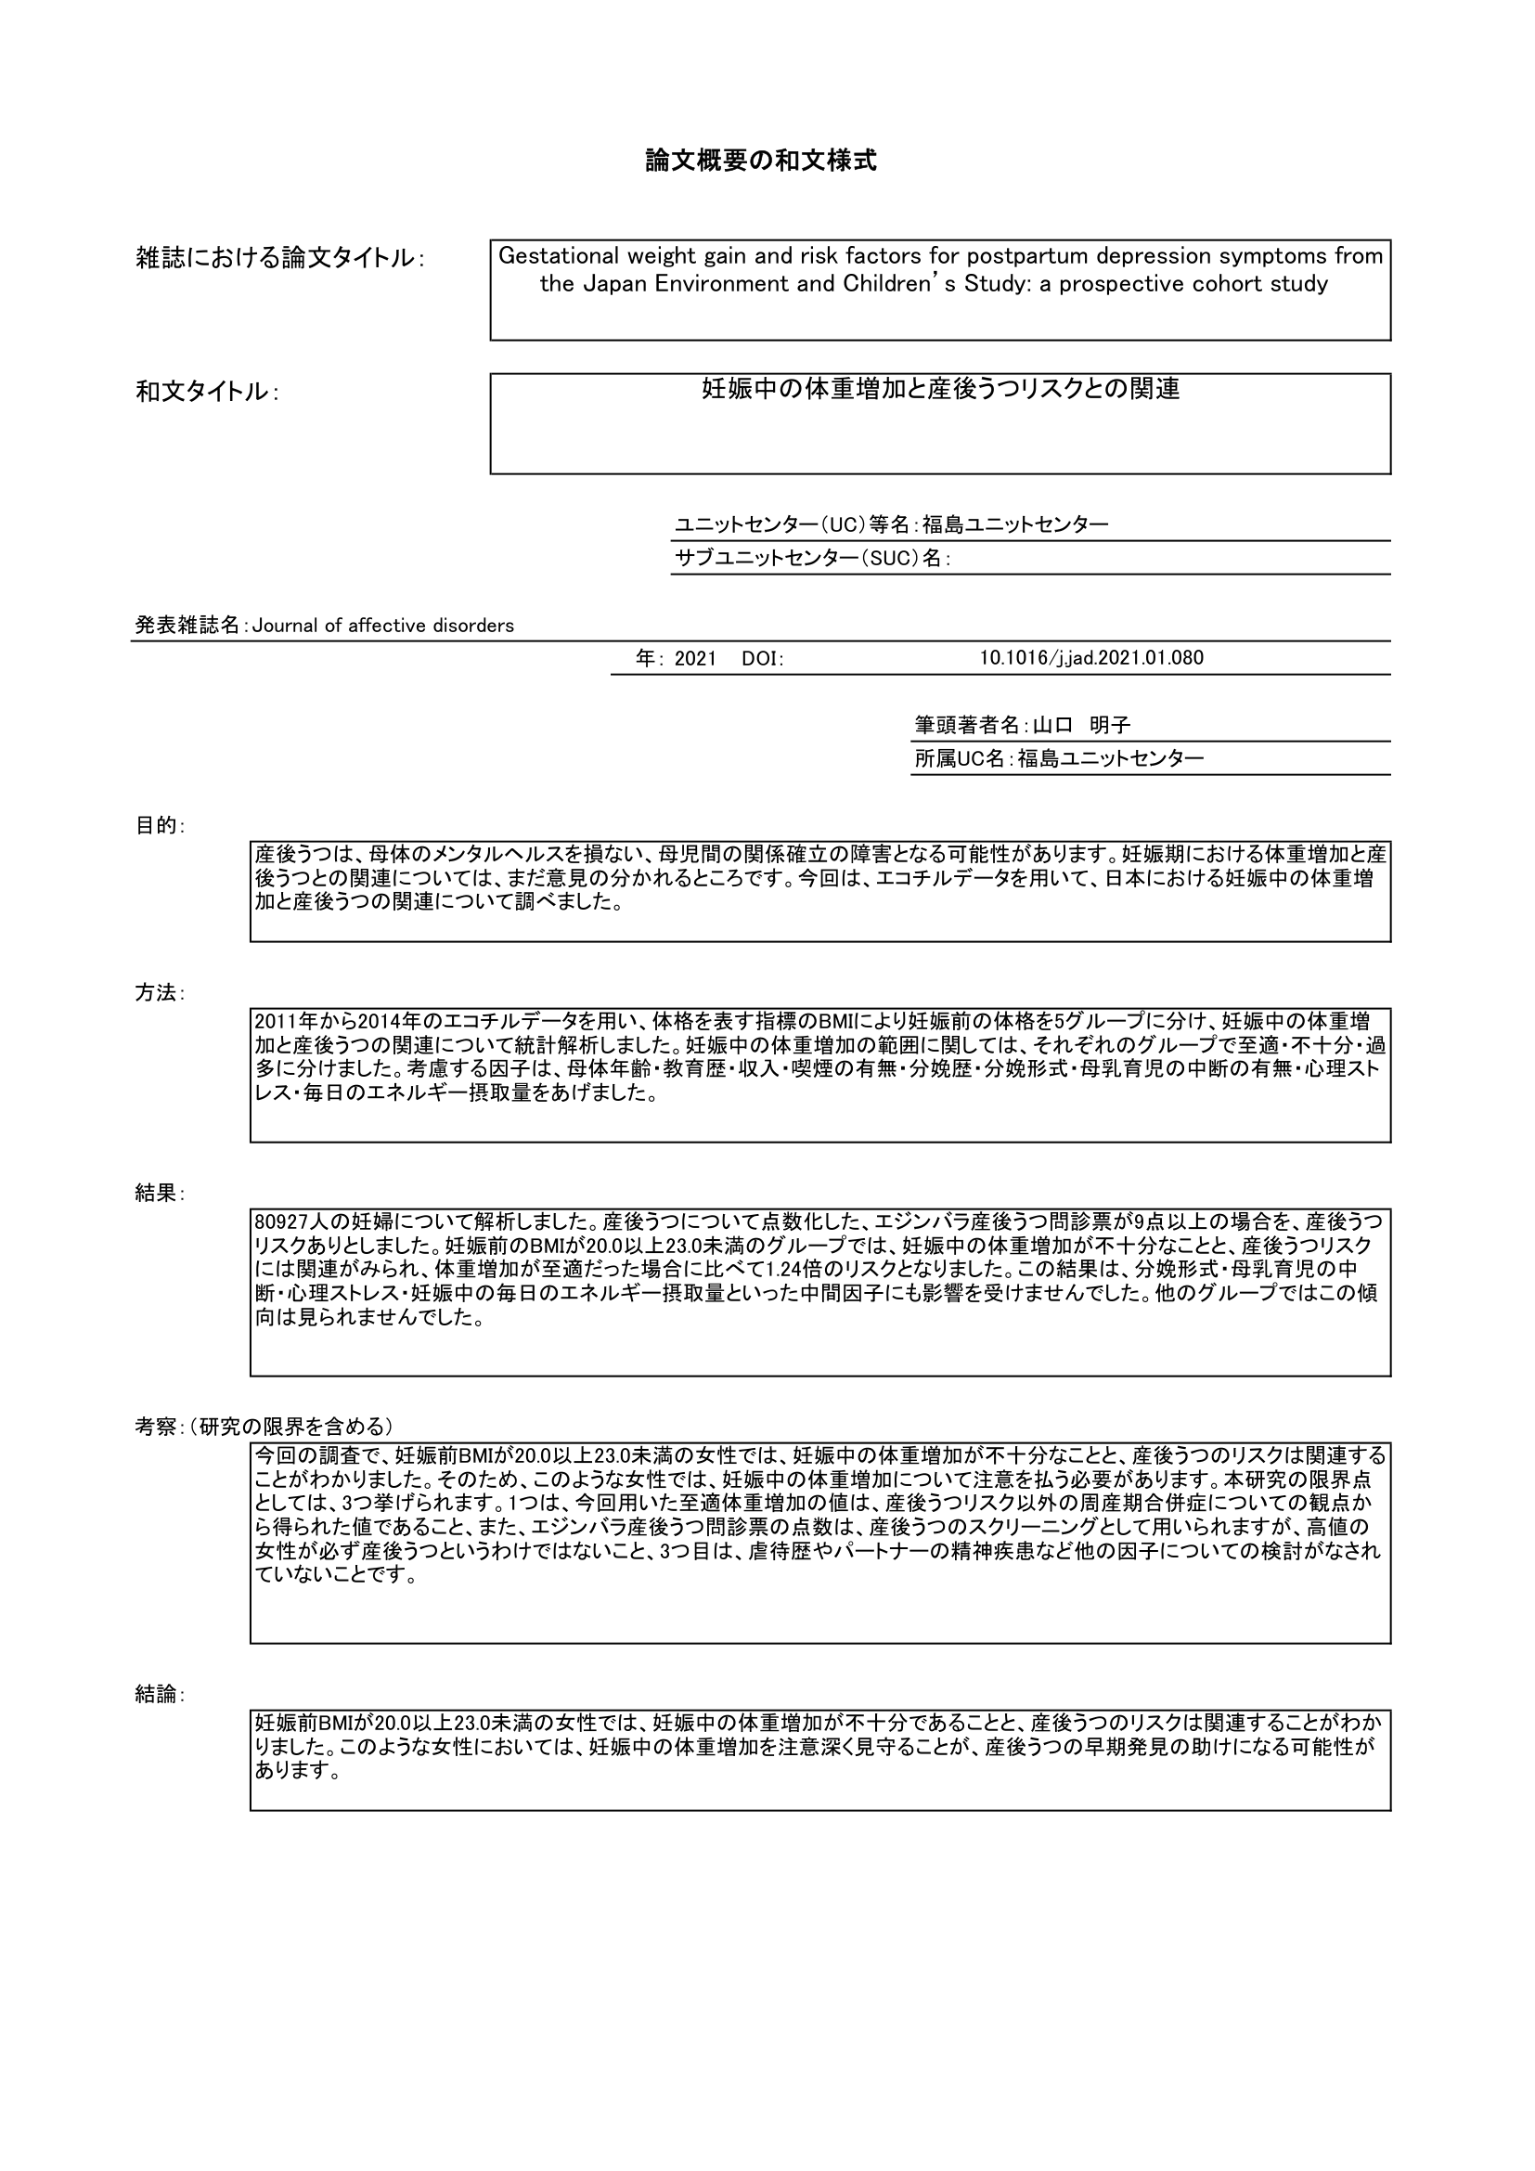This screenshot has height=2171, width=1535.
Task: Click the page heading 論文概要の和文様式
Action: click(x=761, y=162)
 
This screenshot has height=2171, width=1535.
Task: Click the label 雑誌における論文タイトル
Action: click(x=278, y=258)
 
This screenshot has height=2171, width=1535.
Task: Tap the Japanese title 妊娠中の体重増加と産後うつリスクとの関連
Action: click(x=939, y=389)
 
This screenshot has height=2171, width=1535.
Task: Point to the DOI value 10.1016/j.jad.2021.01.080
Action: click(x=1090, y=658)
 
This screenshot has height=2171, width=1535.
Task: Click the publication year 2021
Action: click(x=696, y=659)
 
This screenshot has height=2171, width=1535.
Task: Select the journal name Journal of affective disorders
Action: click(x=382, y=626)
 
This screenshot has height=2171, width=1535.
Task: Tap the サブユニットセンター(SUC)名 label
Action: click(x=811, y=559)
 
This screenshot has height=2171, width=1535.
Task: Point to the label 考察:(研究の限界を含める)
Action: click(x=264, y=1427)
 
